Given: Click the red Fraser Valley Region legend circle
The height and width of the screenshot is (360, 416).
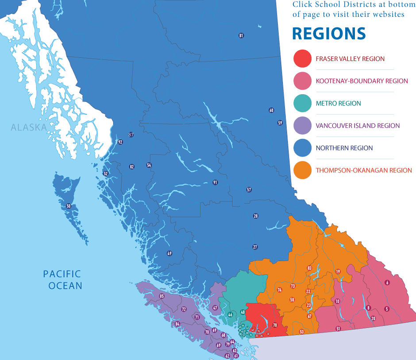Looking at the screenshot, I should point(303,59).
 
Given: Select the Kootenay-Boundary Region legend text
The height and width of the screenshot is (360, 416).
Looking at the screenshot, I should point(362,81).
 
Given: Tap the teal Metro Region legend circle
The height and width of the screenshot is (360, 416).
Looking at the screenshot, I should point(303,103).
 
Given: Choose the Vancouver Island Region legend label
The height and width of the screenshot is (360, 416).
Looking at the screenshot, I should point(358,126).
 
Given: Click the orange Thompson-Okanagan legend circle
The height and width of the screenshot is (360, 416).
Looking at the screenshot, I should point(303,170).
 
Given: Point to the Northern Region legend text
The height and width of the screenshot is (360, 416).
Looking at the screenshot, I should point(344,148).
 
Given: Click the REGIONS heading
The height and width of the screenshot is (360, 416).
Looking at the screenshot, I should point(328,34).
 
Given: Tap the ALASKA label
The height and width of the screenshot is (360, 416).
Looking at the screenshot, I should point(29,128).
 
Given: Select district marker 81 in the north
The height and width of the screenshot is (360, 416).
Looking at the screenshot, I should point(241,35).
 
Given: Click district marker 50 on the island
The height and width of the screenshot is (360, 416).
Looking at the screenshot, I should point(68,206).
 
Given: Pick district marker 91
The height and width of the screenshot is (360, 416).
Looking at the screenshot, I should point(215,182).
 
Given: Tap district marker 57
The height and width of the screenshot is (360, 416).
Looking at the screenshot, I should point(249,190).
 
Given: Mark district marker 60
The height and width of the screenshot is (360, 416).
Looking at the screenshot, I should point(271,111).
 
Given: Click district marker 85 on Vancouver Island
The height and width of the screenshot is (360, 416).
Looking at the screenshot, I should point(162,296).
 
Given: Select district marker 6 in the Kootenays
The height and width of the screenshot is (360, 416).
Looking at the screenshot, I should point(387,283).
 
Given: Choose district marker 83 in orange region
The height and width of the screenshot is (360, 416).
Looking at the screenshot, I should point(309,268).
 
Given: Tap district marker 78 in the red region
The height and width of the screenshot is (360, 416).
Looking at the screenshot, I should point(275,325).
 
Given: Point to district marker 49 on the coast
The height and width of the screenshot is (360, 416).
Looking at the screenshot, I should point(169,253).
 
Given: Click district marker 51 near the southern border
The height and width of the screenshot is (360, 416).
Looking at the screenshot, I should point(338,329).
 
